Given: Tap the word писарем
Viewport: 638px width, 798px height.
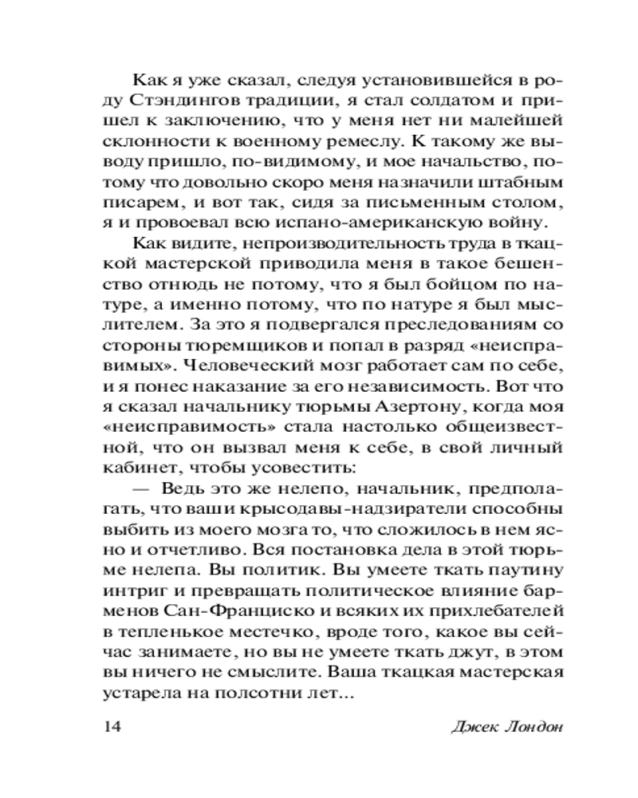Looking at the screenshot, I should (137, 205).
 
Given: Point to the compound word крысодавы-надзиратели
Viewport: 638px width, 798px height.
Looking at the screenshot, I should (338, 517).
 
